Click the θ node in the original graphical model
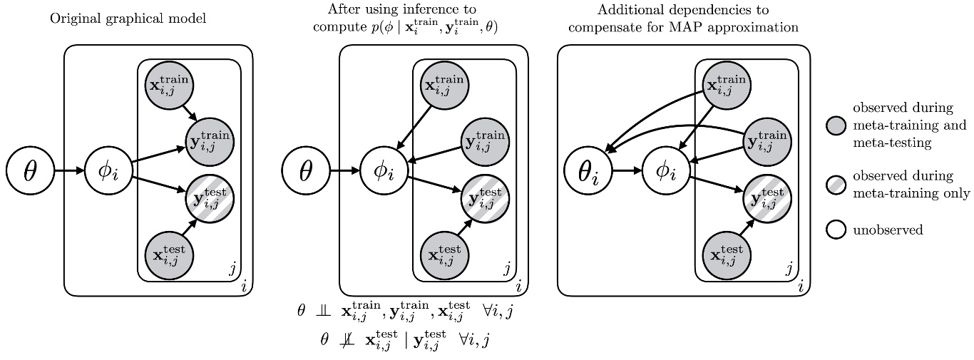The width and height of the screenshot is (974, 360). pos(30,172)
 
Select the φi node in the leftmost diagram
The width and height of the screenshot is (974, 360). pos(108,172)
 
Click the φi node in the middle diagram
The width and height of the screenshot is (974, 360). pos(384,172)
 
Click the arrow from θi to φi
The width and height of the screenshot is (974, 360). pos(625,172)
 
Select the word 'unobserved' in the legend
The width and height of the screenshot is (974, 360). pos(884,230)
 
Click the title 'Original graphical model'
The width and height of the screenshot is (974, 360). pos(128,19)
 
